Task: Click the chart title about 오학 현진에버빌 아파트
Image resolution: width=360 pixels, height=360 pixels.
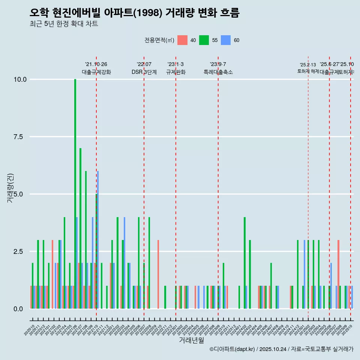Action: [x=134, y=13]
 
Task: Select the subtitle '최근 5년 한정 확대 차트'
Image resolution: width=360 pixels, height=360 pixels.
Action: [x=64, y=24]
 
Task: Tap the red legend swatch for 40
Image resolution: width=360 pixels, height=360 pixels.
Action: [x=182, y=40]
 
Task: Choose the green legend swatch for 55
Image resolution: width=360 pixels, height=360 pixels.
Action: [x=204, y=40]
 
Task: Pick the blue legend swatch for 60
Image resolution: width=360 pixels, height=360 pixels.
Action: [x=226, y=40]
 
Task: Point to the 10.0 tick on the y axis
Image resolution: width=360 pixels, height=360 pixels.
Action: [x=20, y=79]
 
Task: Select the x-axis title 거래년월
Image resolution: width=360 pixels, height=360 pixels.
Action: [x=191, y=340]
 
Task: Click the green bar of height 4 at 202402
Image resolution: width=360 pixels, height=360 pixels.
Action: [x=244, y=262]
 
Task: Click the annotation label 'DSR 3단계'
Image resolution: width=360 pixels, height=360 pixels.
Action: [x=144, y=72]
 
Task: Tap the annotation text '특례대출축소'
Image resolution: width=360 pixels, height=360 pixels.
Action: [x=218, y=72]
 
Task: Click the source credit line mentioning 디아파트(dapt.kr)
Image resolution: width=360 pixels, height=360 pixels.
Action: [x=281, y=349]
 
